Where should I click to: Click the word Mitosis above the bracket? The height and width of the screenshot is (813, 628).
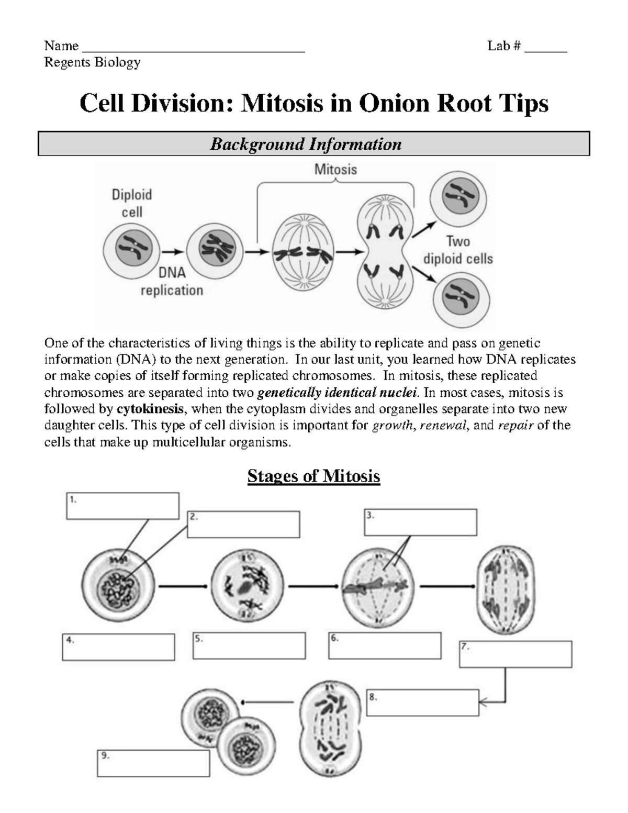tap(335, 170)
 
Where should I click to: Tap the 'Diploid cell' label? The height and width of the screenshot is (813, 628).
tap(132, 203)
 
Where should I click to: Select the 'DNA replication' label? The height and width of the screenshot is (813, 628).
tap(172, 282)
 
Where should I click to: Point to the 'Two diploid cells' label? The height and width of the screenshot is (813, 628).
tap(458, 250)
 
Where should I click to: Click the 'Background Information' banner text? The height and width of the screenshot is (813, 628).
tap(306, 144)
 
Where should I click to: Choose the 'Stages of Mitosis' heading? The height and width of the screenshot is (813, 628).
tap(313, 476)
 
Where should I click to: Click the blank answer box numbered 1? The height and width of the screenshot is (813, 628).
tap(122, 506)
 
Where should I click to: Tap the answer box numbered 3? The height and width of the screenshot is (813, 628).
tap(420, 522)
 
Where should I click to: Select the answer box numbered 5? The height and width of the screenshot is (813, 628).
tap(249, 645)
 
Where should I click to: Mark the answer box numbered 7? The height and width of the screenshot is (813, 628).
tap(515, 654)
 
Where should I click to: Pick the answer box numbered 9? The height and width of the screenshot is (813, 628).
tap(153, 763)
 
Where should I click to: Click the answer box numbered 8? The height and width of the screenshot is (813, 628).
tap(423, 703)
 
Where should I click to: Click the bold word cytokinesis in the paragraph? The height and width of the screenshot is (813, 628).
tap(150, 409)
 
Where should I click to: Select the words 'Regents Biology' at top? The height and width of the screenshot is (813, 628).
tap(93, 62)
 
